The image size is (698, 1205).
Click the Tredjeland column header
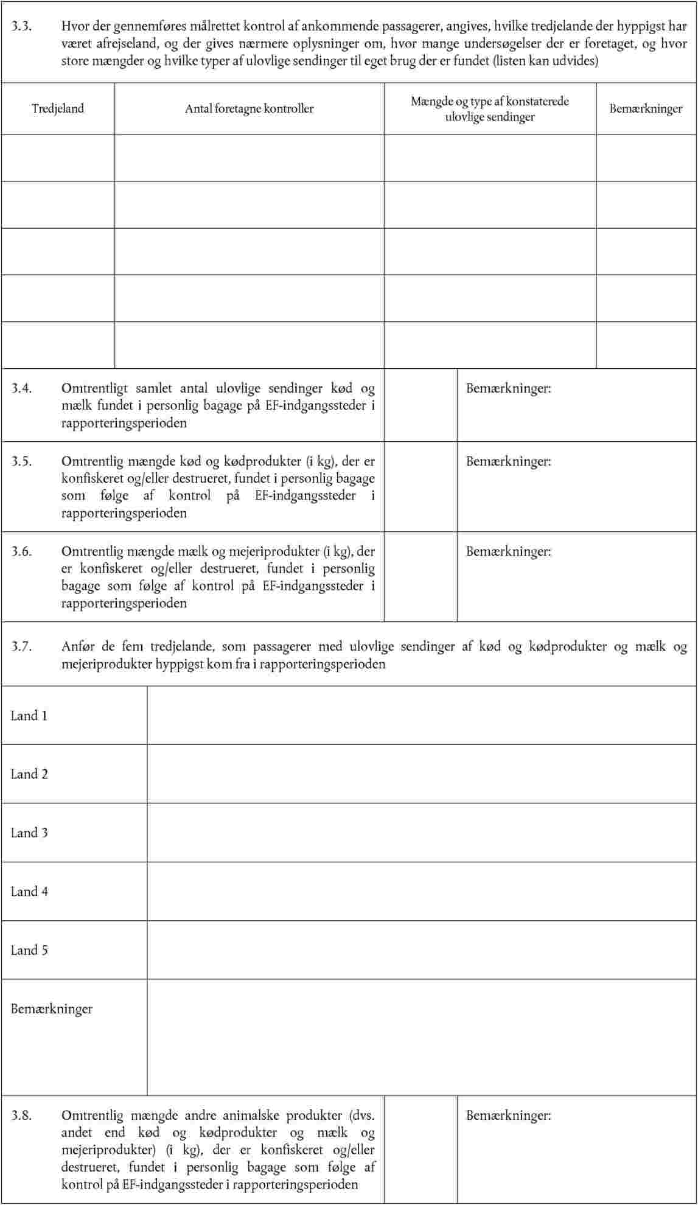[58, 109]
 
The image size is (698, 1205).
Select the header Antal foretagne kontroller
[249, 109]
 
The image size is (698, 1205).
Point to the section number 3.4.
[21, 388]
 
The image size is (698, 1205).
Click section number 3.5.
[21, 461]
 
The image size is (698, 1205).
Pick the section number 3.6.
[21, 551]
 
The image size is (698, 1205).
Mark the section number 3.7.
[21, 646]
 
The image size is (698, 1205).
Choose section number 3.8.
[21, 1116]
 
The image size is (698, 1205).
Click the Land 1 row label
[29, 716]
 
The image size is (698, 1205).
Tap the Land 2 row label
[29, 774]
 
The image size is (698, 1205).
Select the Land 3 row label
[29, 833]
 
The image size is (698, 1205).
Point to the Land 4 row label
[29, 892]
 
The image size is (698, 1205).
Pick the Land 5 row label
[29, 950]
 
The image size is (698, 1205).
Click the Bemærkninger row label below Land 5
[52, 1009]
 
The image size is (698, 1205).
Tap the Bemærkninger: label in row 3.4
[509, 388]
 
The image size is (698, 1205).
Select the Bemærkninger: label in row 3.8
[509, 1116]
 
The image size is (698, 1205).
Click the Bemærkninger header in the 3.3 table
[646, 109]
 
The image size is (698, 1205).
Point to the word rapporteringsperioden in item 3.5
[124, 513]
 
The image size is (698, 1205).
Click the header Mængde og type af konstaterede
[490, 102]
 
